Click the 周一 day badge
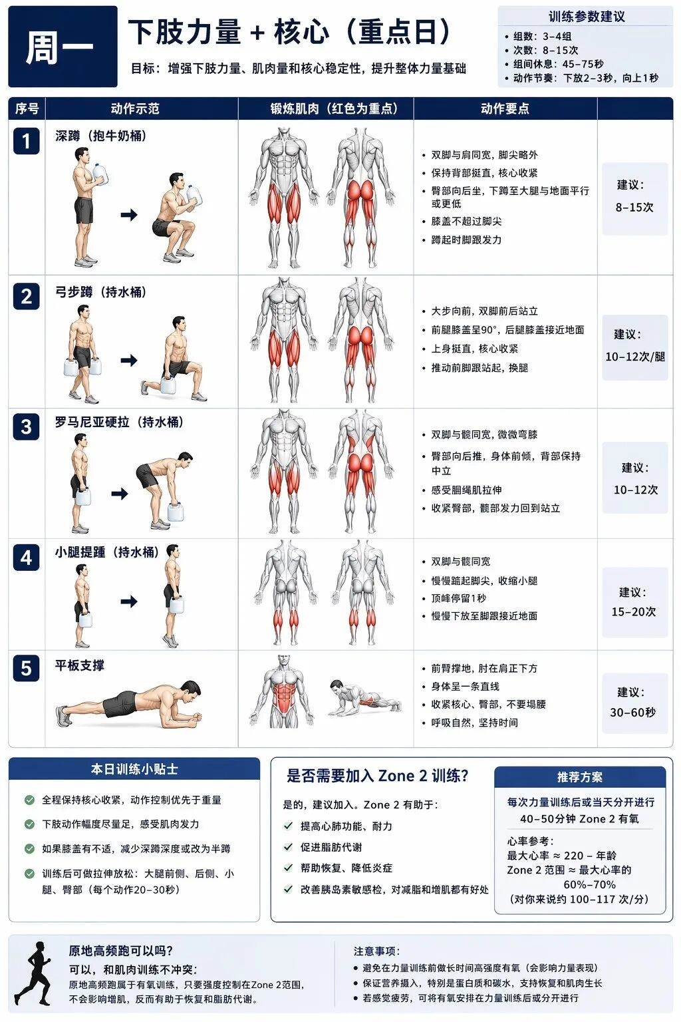point(63,46)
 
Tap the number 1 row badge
point(26,141)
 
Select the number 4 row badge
point(26,558)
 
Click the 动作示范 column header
point(135,108)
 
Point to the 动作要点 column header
point(505,108)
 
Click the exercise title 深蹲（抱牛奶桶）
point(101,136)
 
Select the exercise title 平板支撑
point(80,665)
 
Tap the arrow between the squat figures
point(129,214)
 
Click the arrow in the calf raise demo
point(129,601)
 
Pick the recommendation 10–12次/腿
point(635,357)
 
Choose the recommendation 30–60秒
point(632,712)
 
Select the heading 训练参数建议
point(587,17)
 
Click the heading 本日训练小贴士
point(134,768)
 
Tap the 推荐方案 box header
point(580,777)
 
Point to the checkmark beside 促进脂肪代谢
point(288,847)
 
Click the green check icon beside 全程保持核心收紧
point(29,799)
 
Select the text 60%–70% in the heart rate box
point(590,884)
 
